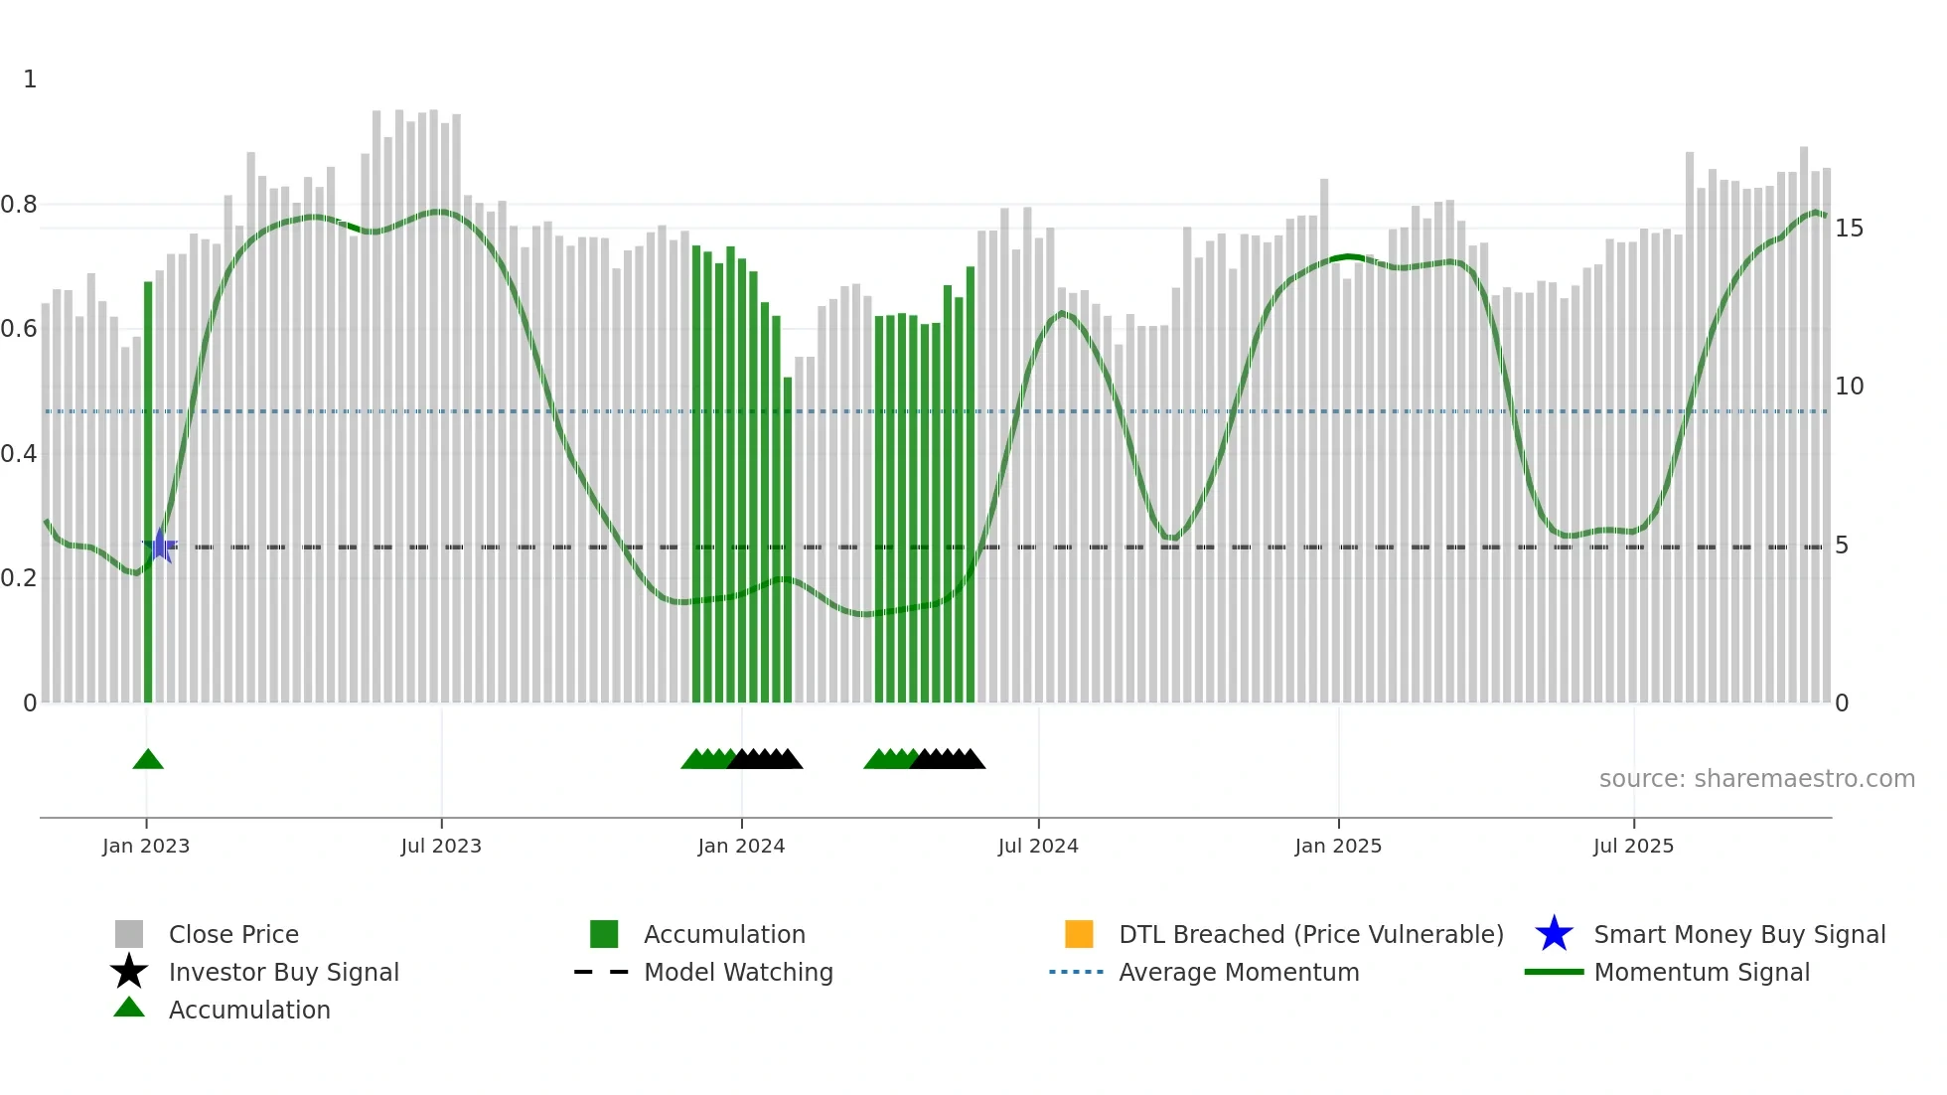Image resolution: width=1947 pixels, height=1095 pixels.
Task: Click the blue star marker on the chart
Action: (160, 546)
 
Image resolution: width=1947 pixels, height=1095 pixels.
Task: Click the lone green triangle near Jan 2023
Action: (148, 760)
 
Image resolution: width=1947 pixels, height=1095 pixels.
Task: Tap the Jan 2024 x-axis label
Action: (741, 847)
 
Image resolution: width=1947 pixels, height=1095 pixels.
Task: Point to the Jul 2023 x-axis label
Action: (441, 847)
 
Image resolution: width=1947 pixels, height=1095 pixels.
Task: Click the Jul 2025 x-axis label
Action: (1633, 847)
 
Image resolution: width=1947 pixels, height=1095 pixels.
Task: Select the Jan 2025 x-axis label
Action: (1338, 847)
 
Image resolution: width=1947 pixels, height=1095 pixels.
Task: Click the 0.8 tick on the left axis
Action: (20, 205)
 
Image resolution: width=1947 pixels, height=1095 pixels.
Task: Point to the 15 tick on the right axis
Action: (1849, 229)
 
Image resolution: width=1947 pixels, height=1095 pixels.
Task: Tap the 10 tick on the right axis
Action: (1849, 387)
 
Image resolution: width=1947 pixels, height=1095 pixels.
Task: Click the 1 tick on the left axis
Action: (30, 79)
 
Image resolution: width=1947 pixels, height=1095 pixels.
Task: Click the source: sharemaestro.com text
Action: (1756, 779)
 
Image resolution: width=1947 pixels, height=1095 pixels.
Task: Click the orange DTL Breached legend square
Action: (1079, 934)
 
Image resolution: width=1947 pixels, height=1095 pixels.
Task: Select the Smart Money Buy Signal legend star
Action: (1554, 934)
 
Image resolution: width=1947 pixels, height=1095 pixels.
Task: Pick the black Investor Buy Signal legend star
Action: (129, 972)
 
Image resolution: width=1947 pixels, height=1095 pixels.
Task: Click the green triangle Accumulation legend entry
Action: (129, 1009)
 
